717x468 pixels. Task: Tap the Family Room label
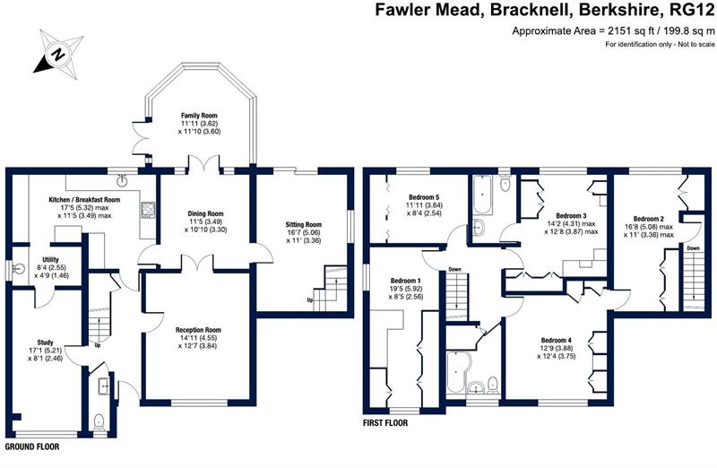[x=200, y=117]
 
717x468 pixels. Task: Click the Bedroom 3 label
[x=571, y=215]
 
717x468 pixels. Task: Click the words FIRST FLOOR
[x=385, y=421]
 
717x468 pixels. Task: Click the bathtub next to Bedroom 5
[x=485, y=190]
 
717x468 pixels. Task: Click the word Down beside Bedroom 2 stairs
[x=692, y=248]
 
